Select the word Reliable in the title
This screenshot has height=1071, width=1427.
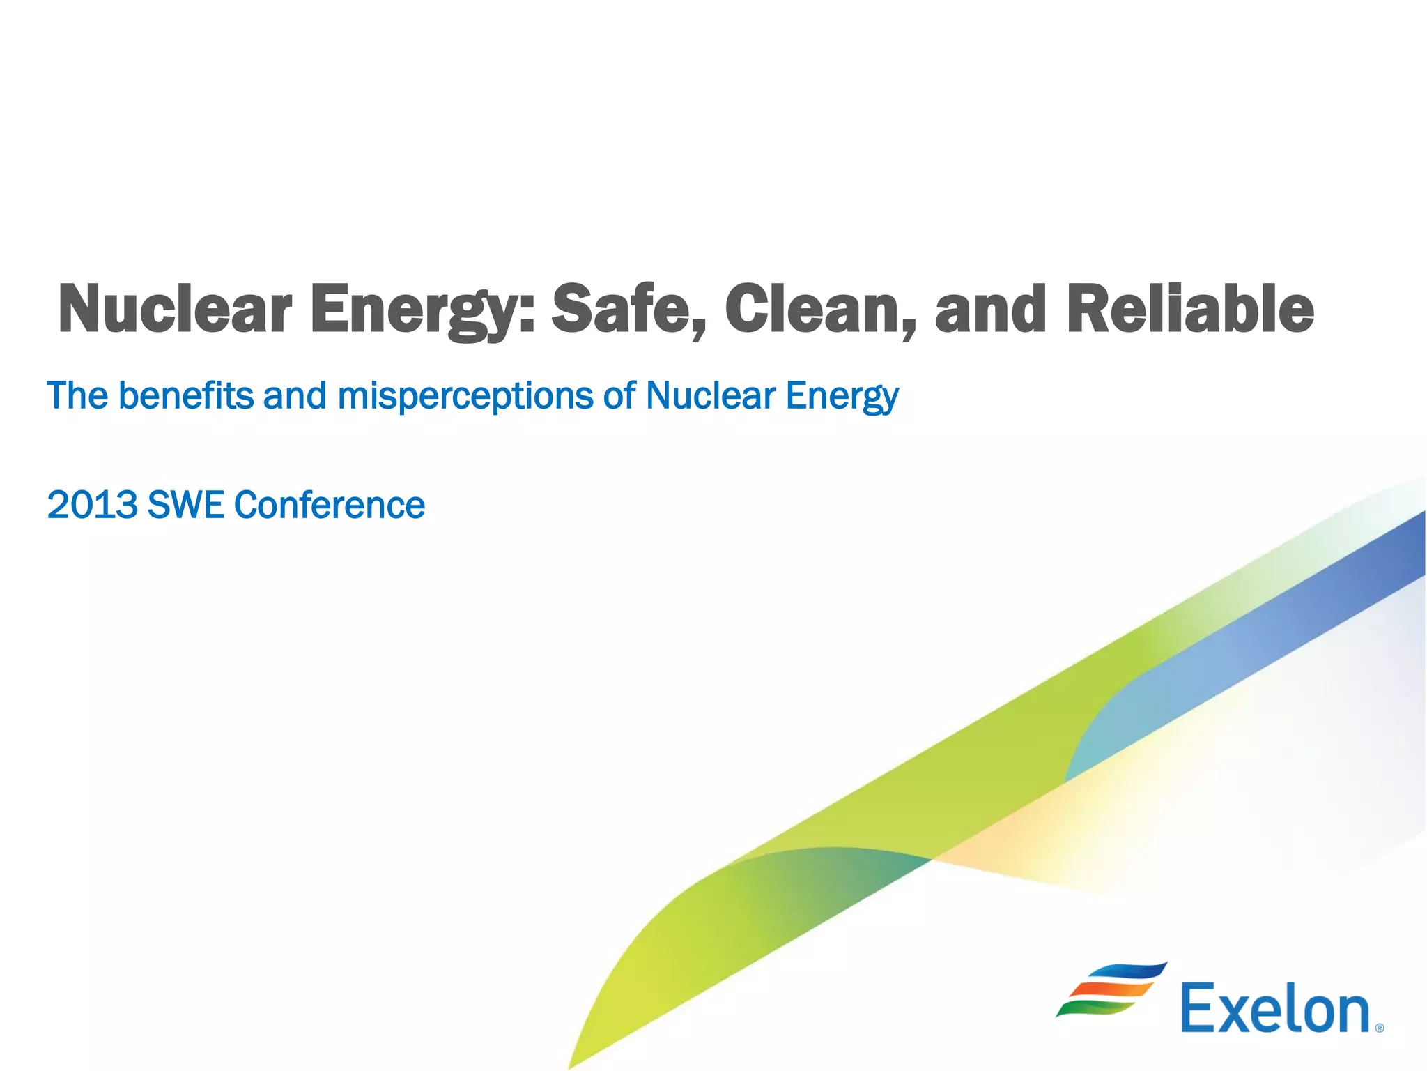pyautogui.click(x=1189, y=309)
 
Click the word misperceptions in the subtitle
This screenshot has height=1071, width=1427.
pyautogui.click(x=464, y=396)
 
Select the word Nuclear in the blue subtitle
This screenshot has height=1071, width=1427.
pyautogui.click(x=710, y=396)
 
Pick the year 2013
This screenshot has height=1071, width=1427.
pyautogui.click(x=92, y=505)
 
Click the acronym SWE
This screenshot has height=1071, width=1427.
pyautogui.click(x=185, y=505)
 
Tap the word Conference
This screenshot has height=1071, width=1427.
pyautogui.click(x=329, y=505)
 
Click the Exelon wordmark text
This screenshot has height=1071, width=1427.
pyautogui.click(x=1274, y=1009)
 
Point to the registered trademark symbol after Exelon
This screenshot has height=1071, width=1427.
pyautogui.click(x=1380, y=1028)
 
